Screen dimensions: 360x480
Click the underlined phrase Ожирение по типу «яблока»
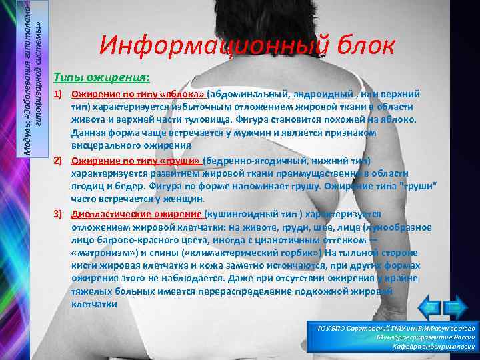coord(139,95)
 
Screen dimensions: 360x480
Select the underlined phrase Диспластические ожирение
coord(137,215)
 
